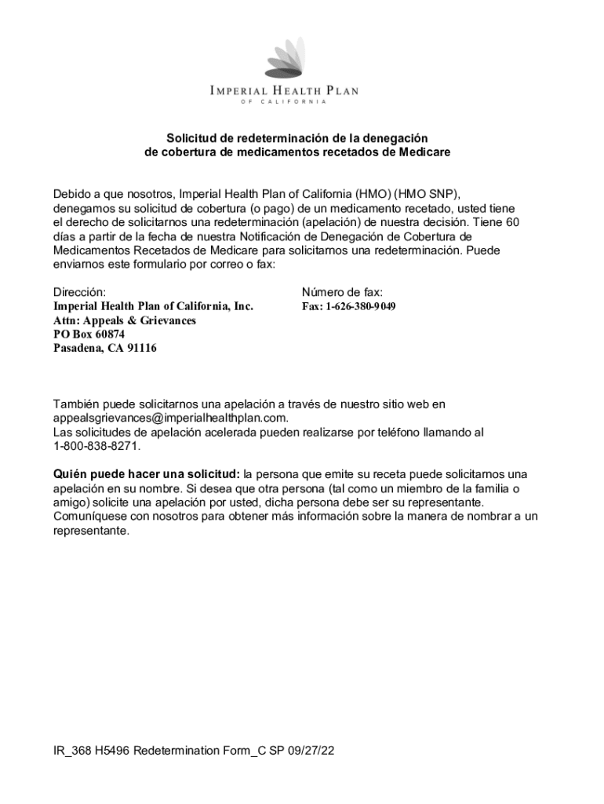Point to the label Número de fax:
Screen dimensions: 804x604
point(342,292)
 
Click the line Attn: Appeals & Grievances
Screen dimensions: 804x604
point(124,320)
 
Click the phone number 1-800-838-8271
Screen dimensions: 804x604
point(96,446)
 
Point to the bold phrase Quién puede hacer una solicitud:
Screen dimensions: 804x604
point(147,474)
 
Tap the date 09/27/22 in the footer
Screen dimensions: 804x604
point(311,751)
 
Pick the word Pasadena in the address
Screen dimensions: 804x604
point(77,348)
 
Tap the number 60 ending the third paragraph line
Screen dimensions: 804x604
point(511,222)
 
